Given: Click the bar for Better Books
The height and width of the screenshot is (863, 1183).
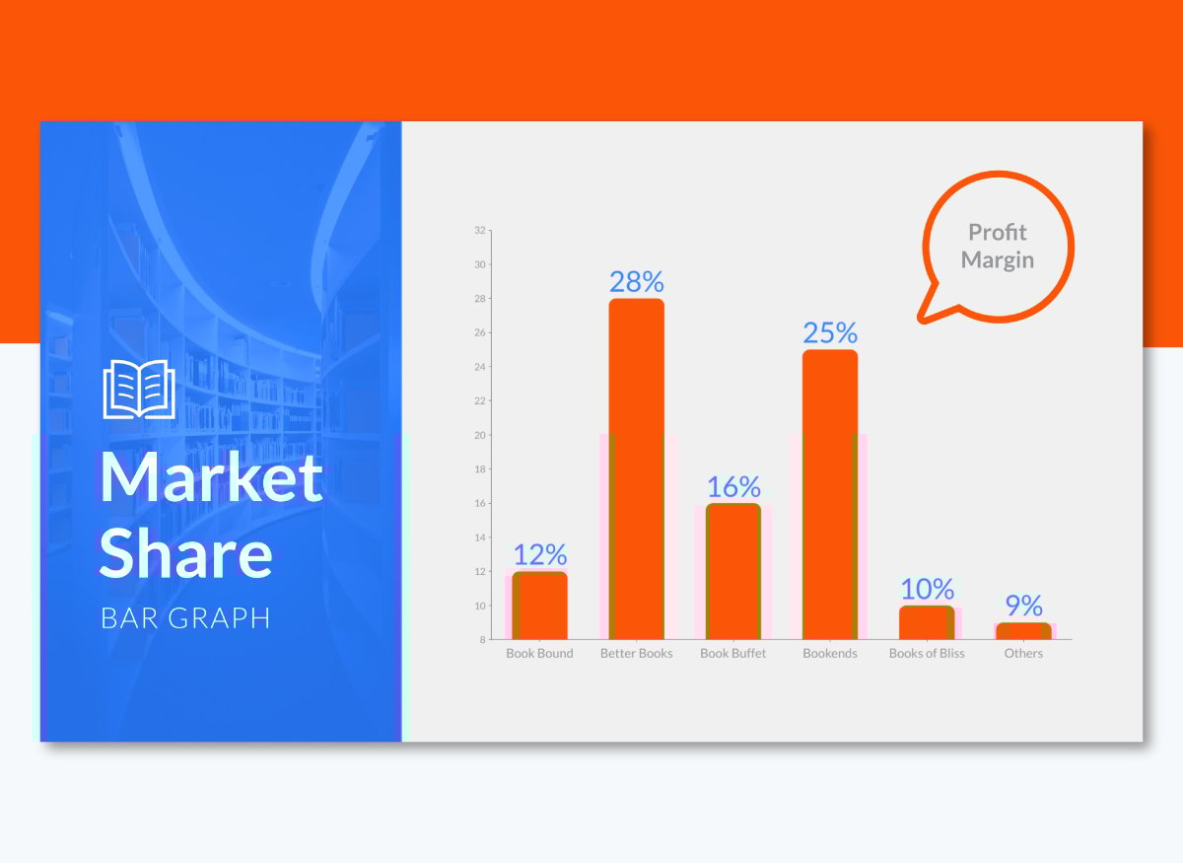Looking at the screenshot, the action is pos(637,468).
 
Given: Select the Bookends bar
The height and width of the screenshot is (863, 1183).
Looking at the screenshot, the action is pos(830,494).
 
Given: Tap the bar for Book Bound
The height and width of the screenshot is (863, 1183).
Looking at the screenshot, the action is pos(540,606).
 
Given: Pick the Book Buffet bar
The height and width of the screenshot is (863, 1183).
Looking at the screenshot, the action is pos(733,571).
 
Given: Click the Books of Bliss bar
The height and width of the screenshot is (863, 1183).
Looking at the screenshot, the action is pos(927,622).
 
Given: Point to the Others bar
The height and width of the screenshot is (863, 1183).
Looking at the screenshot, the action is pos(1023,631).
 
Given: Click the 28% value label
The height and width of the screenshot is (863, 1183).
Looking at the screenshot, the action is pos(637,282).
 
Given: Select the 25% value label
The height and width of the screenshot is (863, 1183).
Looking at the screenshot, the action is pos(830,333).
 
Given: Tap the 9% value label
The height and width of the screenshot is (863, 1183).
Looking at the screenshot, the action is pos(1023,606).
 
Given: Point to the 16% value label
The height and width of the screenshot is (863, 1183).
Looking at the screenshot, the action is pos(733,486).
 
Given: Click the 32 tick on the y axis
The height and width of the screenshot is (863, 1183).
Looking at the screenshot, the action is pos(479,231).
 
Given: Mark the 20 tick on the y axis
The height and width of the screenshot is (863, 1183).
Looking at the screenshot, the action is pos(479,435).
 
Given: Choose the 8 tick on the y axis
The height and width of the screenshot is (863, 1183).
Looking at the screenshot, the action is pos(482,639).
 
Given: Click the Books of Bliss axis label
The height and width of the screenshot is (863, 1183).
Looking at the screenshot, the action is pos(927,653).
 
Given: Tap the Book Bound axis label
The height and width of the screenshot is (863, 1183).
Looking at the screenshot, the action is pos(540,653).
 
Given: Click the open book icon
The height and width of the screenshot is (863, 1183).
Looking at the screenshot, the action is pos(139,389).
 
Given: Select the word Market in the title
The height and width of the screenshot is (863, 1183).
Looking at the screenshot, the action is pos(211,476).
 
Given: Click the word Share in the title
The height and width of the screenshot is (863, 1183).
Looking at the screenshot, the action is pos(186,552).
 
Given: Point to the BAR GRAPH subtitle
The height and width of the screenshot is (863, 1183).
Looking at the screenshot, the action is pos(185,617).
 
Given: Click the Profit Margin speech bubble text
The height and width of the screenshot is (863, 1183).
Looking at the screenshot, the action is pos(997,246).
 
